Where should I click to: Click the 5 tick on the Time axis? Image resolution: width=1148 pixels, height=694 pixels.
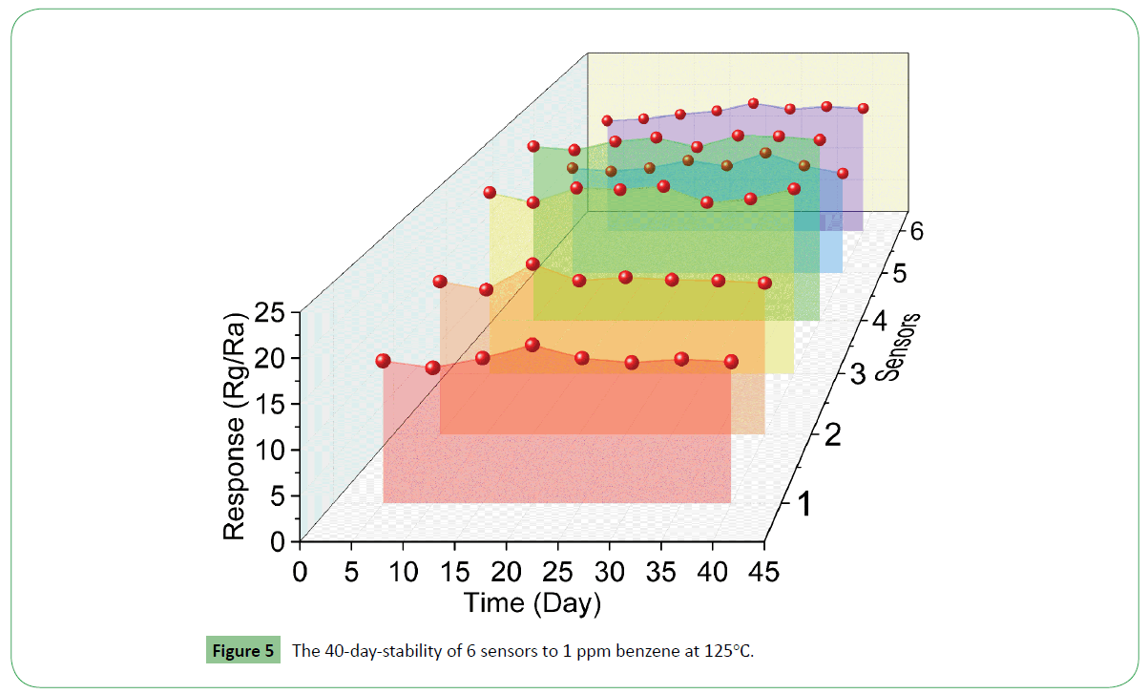click(351, 572)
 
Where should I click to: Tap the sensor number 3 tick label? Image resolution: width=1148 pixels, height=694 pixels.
click(857, 373)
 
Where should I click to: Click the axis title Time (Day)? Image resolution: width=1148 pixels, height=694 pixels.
click(532, 602)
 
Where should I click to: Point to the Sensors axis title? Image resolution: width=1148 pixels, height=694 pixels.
click(899, 346)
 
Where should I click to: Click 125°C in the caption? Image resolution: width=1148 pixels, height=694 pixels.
click(730, 652)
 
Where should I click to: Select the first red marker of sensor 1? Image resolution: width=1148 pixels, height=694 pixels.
click(384, 360)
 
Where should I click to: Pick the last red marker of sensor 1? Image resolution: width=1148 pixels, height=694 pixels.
click(731, 361)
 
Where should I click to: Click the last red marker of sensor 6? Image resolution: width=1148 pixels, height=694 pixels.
click(863, 108)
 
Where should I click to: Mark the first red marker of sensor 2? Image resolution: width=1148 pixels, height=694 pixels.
click(440, 281)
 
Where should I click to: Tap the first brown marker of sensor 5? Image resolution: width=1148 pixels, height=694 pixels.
click(573, 168)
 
